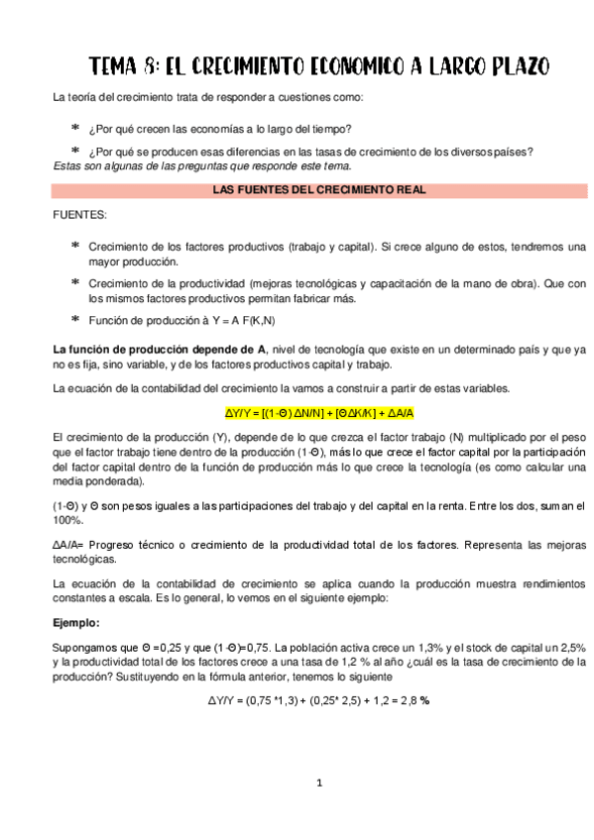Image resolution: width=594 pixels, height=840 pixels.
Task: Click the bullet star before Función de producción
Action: click(75, 319)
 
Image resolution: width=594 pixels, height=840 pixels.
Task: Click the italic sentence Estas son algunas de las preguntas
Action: click(194, 164)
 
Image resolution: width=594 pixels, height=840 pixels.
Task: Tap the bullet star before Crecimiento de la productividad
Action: click(75, 282)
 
